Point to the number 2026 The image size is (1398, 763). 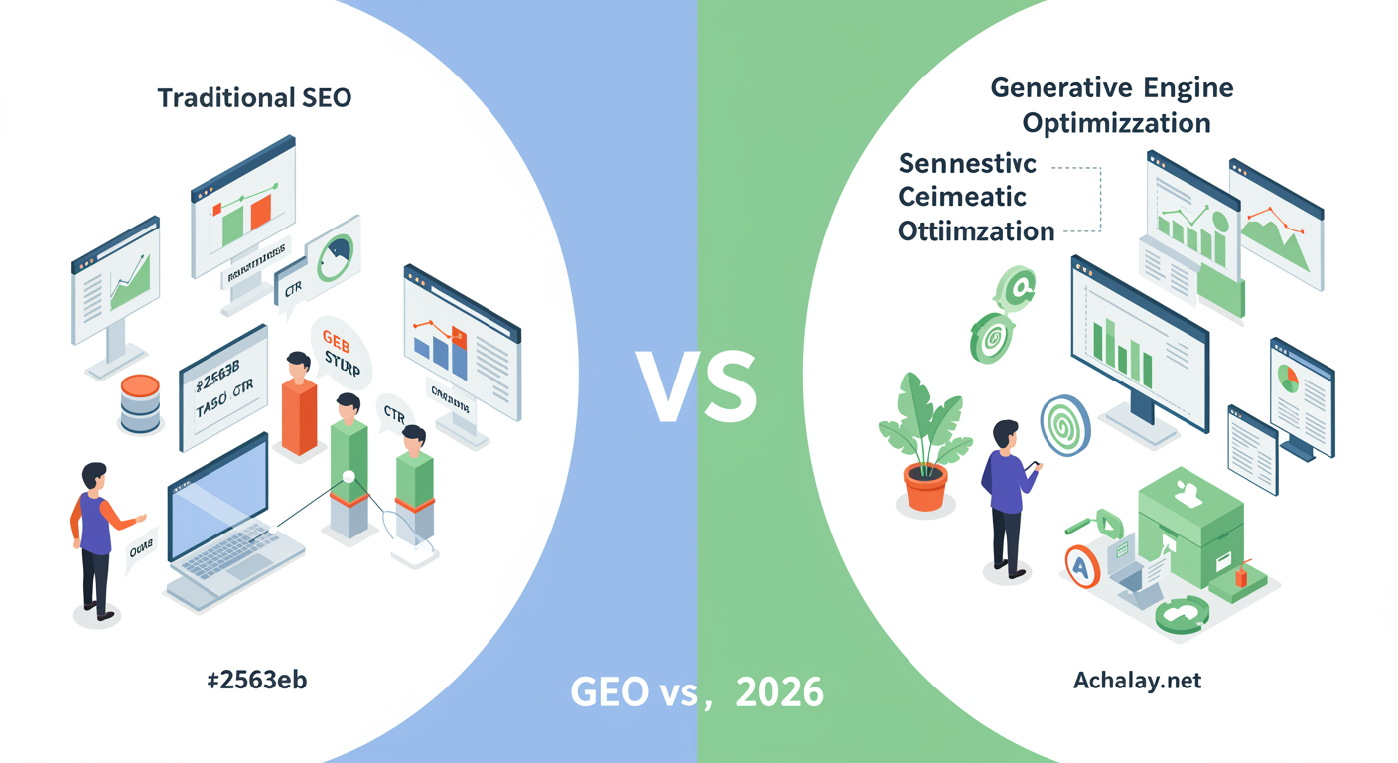click(779, 691)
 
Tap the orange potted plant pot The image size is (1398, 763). click(924, 487)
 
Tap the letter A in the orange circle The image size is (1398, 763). click(1080, 566)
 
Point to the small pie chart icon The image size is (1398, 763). click(1288, 379)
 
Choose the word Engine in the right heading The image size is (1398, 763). click(1188, 88)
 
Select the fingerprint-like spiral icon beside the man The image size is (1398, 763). click(1064, 425)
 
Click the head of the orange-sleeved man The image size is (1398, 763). click(94, 476)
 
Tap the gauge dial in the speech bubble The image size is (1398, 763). click(333, 257)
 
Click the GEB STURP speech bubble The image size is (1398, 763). click(342, 353)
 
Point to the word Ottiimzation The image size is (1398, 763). click(975, 231)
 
